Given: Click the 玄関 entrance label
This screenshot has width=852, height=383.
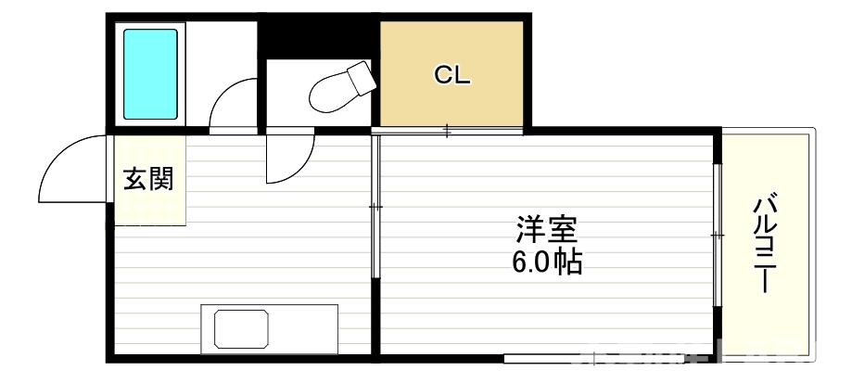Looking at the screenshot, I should (148, 178).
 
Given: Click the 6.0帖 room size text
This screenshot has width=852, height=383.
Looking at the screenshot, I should (547, 262).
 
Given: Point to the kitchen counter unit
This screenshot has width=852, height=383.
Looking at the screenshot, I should (269, 328).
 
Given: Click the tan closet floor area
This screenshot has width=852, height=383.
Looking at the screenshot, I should (453, 102).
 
